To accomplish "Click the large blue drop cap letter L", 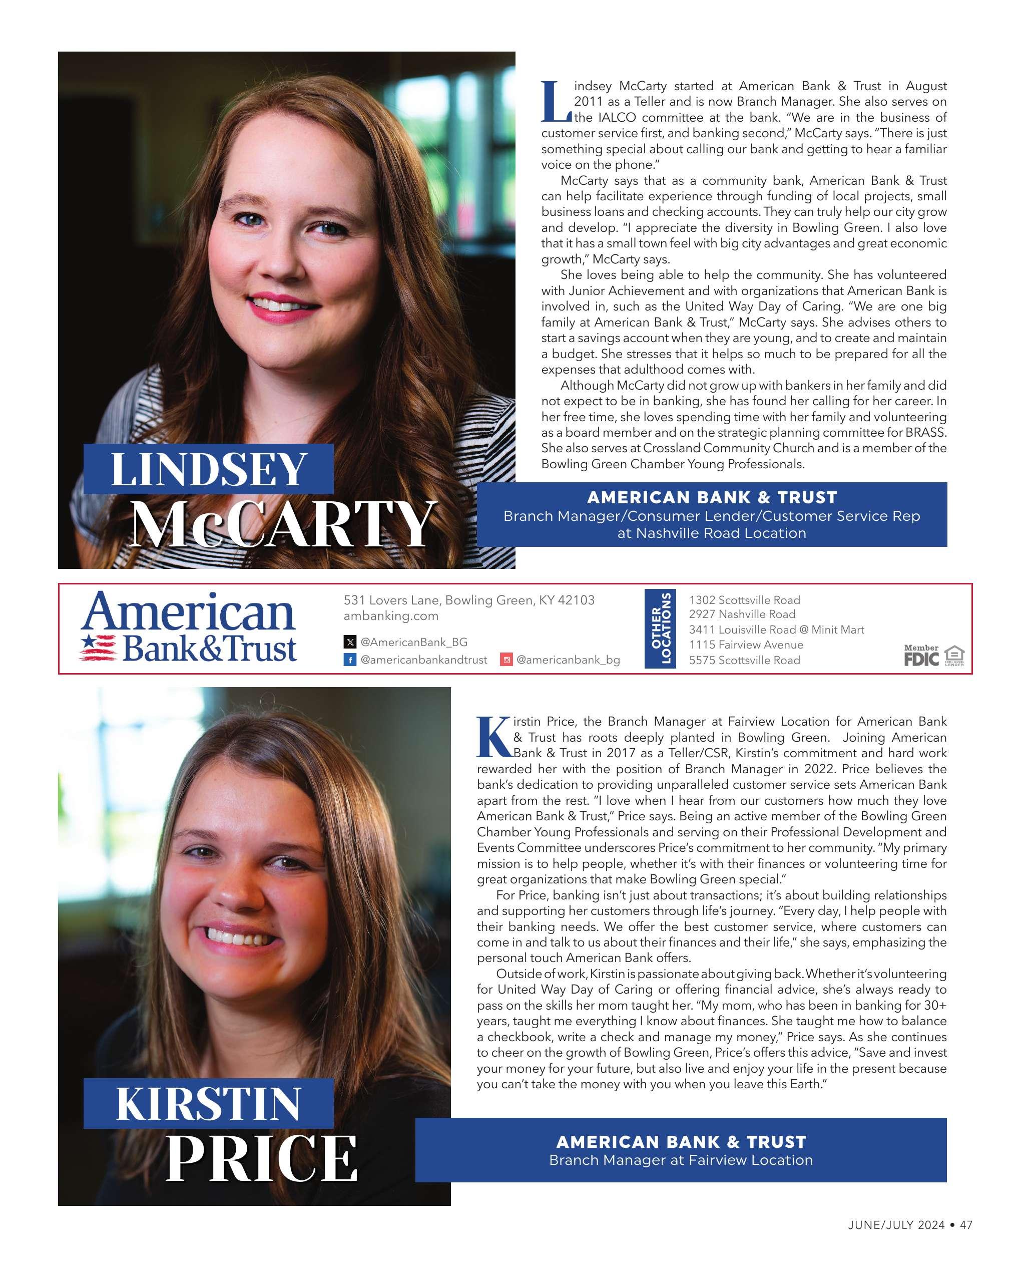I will (556, 101).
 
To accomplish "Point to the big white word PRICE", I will (261, 1159).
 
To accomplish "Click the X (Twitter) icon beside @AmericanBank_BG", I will (350, 642).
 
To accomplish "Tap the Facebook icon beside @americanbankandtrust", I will (350, 660).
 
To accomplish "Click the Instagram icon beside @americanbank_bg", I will (506, 660).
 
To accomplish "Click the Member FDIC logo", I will (921, 656).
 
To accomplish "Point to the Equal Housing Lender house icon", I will (954, 654).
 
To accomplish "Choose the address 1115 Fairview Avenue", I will (745, 645).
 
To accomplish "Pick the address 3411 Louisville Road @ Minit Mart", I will (776, 629).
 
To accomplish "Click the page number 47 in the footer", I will (965, 1241).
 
